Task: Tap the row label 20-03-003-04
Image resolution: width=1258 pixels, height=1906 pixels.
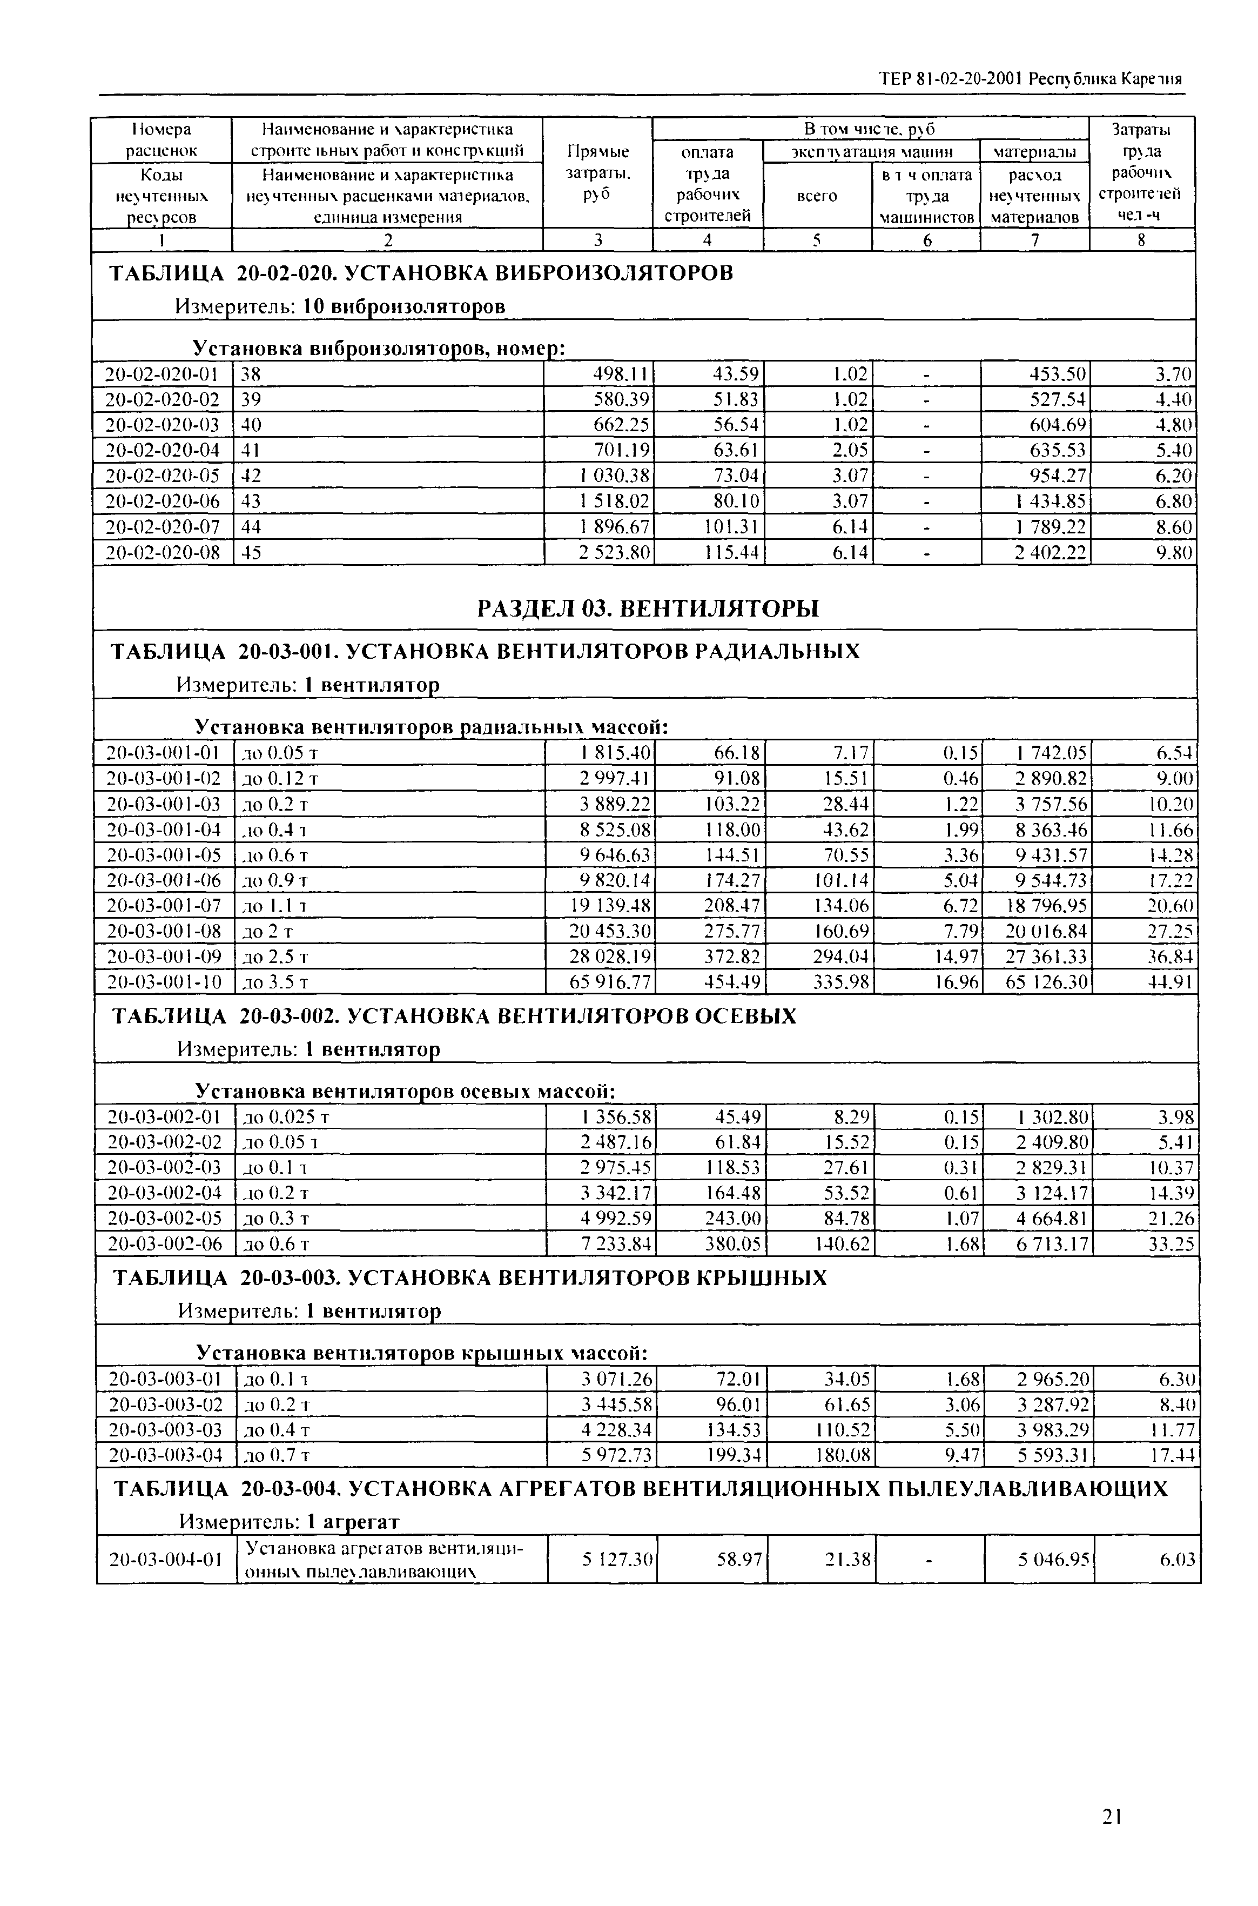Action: pyautogui.click(x=164, y=1454)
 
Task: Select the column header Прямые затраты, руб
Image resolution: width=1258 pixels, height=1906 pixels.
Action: pyautogui.click(x=598, y=172)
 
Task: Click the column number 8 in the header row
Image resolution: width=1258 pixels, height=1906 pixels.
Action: pyautogui.click(x=1142, y=240)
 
